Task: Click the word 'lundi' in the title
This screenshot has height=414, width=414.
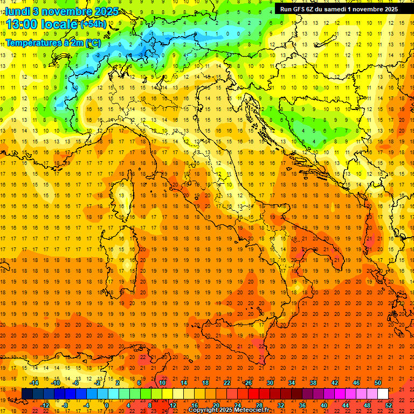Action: [17, 11]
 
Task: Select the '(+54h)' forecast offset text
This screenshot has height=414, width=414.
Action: [93, 24]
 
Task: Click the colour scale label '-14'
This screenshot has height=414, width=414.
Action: [35, 382]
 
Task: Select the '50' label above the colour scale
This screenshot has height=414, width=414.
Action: [378, 382]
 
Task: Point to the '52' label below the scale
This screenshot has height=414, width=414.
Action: [389, 405]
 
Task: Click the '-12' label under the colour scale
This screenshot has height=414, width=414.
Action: [45, 405]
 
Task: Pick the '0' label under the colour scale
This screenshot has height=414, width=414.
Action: [107, 405]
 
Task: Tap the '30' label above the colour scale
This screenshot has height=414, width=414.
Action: [270, 382]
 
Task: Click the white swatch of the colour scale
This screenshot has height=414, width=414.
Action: [383, 394]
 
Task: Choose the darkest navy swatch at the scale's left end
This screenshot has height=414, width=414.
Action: [27, 394]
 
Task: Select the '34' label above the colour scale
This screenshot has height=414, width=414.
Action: [292, 382]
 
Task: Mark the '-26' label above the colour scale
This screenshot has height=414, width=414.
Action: [247, 382]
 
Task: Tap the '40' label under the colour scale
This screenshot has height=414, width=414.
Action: [324, 405]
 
